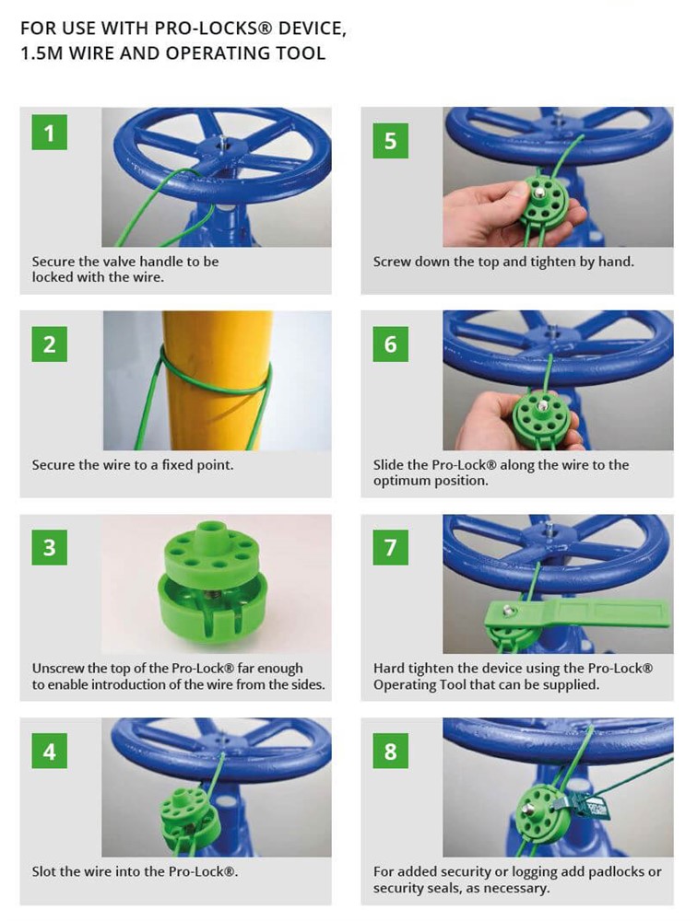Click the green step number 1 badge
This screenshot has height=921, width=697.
49,132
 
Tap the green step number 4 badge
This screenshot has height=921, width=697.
49,751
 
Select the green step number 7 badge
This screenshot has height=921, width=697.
391,547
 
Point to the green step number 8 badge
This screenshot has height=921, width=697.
391,751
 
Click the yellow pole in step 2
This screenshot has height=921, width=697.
217,380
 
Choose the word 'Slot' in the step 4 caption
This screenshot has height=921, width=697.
44,871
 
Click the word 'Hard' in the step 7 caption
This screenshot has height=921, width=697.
388,669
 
